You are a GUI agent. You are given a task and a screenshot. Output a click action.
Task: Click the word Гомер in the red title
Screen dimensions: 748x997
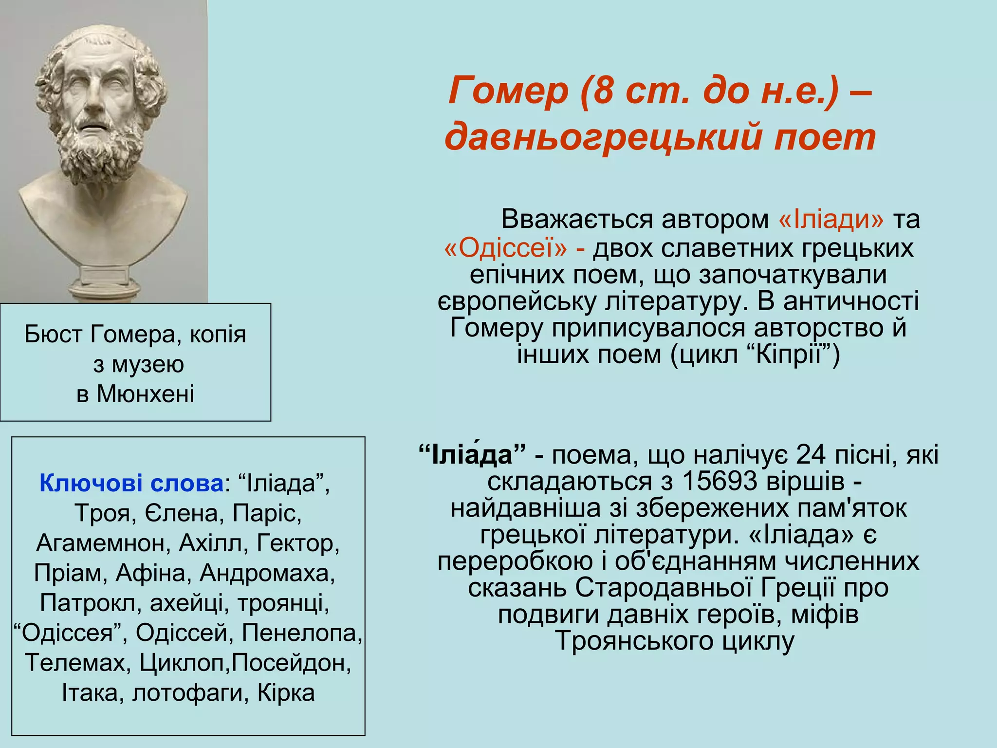click(x=508, y=92)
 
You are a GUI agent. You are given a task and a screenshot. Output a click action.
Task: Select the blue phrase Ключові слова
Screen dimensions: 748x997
click(x=131, y=483)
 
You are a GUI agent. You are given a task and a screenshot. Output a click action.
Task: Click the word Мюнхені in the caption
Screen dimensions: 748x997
click(x=145, y=393)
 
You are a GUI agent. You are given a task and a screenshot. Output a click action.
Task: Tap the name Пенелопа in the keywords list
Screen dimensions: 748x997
click(x=302, y=633)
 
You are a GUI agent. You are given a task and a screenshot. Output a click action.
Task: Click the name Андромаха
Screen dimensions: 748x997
click(x=267, y=573)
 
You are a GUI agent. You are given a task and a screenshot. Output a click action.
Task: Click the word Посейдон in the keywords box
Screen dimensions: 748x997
click(x=291, y=663)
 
